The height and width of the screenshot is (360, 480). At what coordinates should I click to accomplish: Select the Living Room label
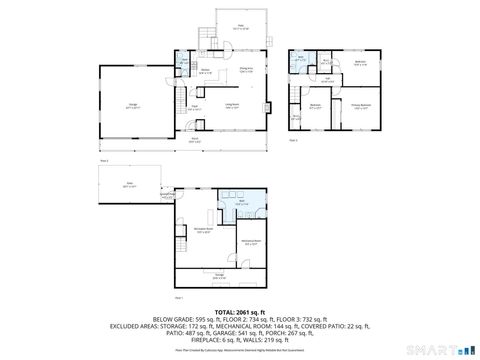pos(232,106)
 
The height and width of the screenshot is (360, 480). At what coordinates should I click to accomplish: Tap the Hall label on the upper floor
pos(327,82)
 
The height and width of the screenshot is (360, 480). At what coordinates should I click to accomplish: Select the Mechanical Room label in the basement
pos(251,241)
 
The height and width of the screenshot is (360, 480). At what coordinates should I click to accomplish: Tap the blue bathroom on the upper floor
pos(301,59)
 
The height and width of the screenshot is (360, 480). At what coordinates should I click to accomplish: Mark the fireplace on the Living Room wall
pos(267,105)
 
